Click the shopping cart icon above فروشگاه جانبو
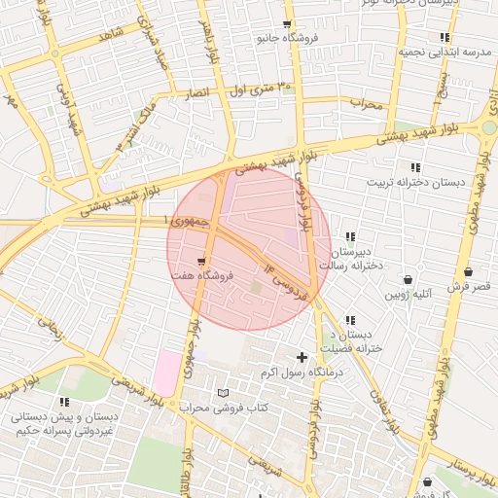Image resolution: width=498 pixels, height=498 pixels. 286,25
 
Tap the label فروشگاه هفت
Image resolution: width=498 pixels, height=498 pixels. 200,279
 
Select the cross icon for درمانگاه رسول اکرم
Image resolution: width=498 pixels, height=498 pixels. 302,357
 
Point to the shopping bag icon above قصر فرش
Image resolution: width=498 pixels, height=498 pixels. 470,272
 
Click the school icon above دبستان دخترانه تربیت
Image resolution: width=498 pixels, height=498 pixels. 415,167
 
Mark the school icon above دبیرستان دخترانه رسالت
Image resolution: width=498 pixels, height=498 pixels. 350,236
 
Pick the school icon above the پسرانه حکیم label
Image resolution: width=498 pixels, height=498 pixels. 64,401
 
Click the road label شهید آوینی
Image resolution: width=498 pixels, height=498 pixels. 74,108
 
